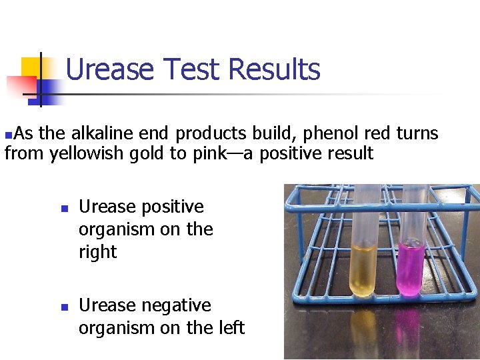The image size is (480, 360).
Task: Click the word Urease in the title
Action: [110, 69]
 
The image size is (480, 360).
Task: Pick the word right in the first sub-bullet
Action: [97, 253]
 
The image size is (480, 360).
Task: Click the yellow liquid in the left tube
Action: [364, 270]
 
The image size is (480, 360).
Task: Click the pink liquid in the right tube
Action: [411, 269]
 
